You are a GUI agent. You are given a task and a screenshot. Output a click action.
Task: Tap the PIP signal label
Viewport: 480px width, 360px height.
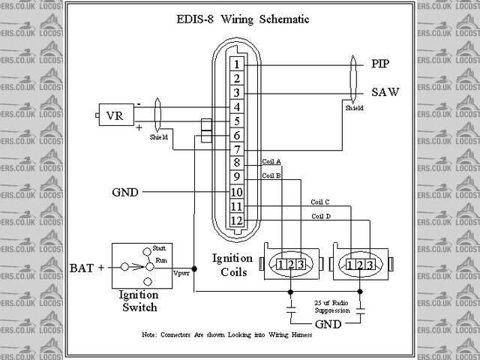tap(381, 64)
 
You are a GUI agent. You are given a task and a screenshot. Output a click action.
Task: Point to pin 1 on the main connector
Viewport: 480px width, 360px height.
tap(235, 64)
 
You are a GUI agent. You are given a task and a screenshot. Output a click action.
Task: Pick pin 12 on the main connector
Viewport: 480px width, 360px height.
tap(235, 220)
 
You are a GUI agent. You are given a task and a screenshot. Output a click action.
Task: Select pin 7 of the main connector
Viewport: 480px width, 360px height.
tap(235, 149)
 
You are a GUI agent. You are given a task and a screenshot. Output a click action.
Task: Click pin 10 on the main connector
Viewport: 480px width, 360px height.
tap(235, 192)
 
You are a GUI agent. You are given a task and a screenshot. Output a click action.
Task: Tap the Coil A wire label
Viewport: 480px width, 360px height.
tap(271, 161)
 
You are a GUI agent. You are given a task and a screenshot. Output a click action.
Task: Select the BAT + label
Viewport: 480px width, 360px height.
tap(88, 267)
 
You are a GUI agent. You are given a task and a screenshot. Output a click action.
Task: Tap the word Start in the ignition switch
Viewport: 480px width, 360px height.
tap(159, 247)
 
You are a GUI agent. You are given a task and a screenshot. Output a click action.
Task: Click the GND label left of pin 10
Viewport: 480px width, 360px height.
tap(124, 192)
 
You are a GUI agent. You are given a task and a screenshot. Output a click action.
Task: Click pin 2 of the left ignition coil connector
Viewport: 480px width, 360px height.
tap(290, 265)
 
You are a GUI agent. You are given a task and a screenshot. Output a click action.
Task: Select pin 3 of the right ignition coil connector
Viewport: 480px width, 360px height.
tap(371, 265)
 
